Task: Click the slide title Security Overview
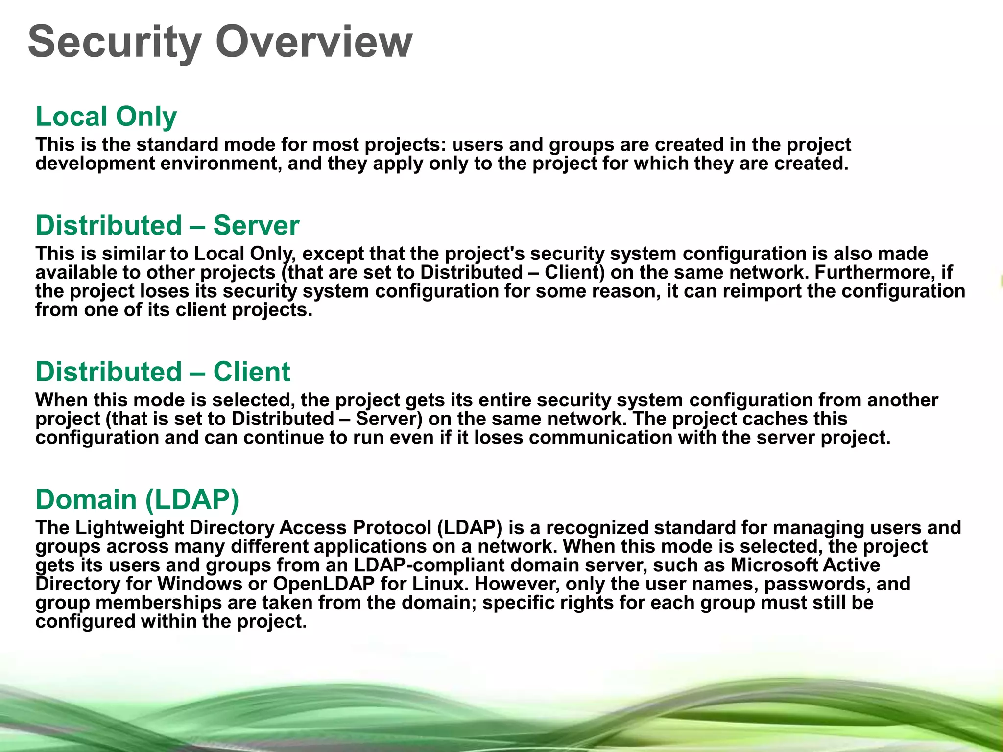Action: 220,42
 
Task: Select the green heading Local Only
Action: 106,117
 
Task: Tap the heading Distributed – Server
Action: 167,226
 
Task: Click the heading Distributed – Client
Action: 163,372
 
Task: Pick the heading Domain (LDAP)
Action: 137,499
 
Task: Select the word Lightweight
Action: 129,528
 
